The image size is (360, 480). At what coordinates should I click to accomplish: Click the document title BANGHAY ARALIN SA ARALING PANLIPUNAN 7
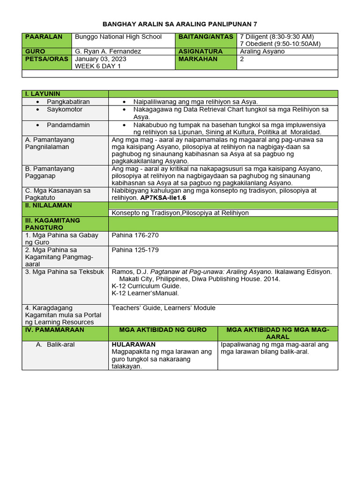[180, 24]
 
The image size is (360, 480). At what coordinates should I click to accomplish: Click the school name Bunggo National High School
[118, 37]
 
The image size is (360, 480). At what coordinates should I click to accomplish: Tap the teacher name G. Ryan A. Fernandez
[108, 52]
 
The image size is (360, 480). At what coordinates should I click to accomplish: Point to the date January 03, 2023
[100, 59]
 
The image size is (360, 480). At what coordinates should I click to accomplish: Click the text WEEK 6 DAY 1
[97, 67]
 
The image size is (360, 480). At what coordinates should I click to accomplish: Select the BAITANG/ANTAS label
[205, 37]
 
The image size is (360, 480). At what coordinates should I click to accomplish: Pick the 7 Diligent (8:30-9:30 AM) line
[277, 37]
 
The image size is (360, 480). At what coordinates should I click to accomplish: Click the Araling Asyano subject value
[262, 52]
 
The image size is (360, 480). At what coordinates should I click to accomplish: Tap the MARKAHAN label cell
[198, 59]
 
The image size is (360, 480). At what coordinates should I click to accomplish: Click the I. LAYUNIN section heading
[43, 94]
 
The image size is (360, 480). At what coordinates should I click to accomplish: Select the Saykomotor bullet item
[65, 109]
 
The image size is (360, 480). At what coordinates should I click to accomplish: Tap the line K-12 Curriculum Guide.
[146, 286]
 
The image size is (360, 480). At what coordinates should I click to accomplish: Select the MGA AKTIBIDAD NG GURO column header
[163, 330]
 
